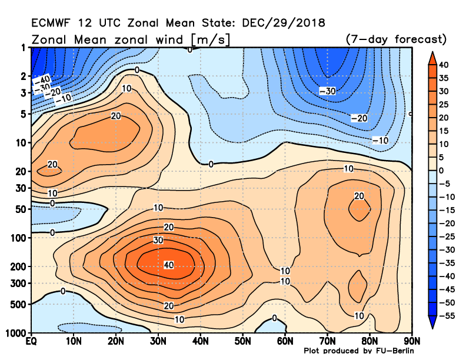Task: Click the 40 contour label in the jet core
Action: [169, 265]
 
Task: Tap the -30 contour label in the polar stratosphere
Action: [328, 91]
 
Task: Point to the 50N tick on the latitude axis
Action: [242, 341]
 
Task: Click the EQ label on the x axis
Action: [31, 341]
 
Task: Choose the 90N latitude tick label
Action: [412, 341]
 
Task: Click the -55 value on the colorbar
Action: [447, 316]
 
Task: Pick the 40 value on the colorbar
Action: [444, 65]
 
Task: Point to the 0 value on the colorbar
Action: [441, 171]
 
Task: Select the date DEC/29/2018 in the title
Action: [284, 23]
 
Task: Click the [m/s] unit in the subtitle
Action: [211, 39]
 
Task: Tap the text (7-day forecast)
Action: [396, 39]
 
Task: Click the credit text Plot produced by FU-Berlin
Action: [359, 351]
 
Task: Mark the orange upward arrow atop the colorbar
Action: [432, 58]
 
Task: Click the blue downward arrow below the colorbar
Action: [432, 322]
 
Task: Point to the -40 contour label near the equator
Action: [42, 80]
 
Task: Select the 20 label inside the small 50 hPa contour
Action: [359, 196]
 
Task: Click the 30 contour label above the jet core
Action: [158, 240]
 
